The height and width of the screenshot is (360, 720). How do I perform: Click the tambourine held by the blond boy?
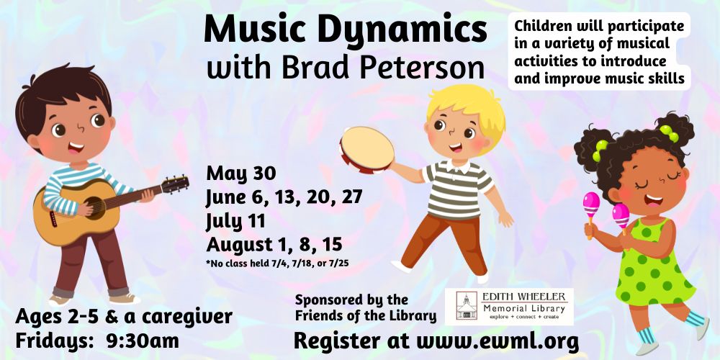click(x=366, y=150)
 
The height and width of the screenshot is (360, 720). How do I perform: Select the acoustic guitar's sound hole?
click(x=96, y=207)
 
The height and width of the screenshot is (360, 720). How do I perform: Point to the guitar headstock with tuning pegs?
click(x=175, y=184)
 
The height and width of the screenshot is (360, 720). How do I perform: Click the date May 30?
click(x=241, y=174)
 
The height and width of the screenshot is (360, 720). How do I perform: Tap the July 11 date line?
click(x=235, y=221)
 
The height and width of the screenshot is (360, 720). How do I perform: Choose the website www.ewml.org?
click(x=498, y=341)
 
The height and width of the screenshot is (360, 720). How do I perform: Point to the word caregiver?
click(x=187, y=316)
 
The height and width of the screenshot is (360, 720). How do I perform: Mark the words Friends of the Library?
click(x=365, y=315)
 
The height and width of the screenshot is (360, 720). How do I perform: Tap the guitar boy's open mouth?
click(x=76, y=148)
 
